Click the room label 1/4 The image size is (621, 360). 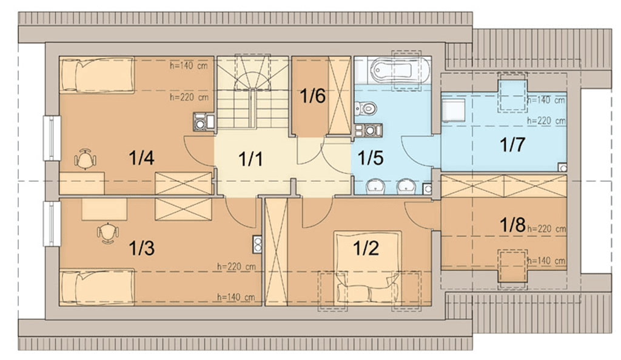141,158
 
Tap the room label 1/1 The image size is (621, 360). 250,159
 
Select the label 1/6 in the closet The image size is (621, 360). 313,96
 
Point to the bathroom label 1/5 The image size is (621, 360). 371,158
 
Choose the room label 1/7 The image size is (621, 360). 512,145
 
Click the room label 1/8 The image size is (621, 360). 512,225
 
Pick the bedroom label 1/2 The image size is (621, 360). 366,248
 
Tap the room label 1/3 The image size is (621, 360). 141,248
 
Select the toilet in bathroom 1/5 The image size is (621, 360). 365,108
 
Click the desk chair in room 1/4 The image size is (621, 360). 85,159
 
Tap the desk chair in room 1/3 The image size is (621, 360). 108,233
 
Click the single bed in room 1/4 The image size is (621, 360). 96,75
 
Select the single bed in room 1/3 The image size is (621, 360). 96,287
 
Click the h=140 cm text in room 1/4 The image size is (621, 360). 189,65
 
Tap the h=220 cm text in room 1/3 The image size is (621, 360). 236,267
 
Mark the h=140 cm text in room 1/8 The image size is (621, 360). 546,261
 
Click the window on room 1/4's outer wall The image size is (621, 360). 52,138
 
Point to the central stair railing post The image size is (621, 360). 252,108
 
